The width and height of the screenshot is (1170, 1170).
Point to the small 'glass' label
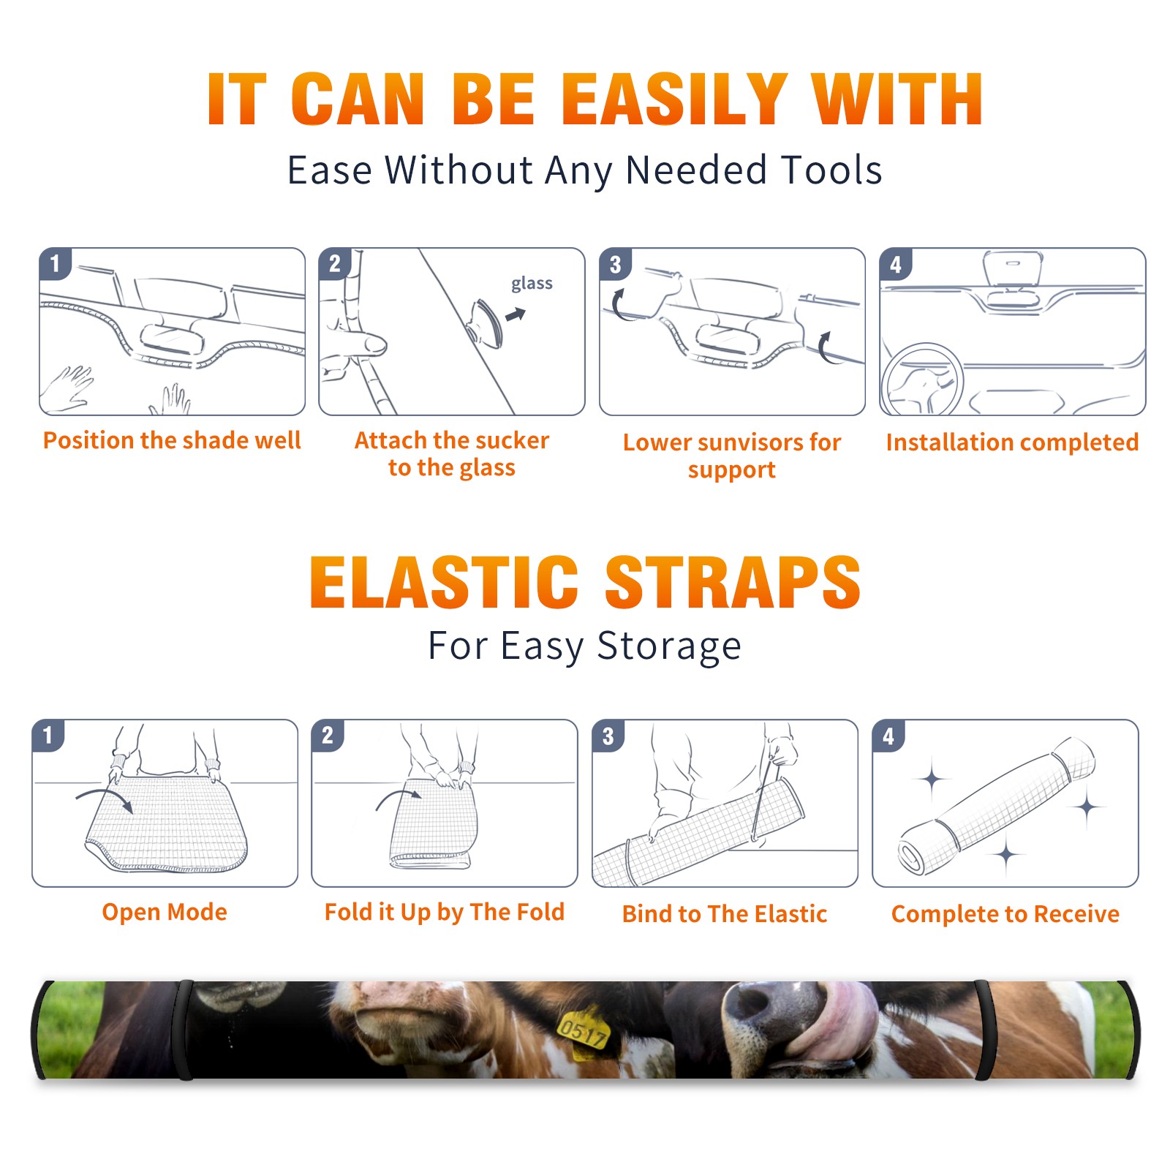[532, 283]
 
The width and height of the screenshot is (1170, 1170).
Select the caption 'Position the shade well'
[172, 440]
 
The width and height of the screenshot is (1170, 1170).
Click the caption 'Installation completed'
[1012, 442]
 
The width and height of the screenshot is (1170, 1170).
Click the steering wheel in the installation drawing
[922, 380]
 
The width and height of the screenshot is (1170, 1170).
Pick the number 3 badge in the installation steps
[615, 264]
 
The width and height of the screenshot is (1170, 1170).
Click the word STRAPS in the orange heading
[733, 582]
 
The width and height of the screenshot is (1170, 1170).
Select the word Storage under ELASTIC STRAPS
[669, 646]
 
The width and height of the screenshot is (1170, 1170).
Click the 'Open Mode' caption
[165, 912]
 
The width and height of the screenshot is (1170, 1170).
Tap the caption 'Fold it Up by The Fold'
[445, 912]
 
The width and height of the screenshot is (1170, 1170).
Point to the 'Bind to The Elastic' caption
[725, 914]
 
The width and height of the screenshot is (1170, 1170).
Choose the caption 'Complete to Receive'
[1005, 914]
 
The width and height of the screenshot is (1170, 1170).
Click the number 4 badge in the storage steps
[888, 736]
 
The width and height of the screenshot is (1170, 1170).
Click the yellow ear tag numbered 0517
[584, 1030]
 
